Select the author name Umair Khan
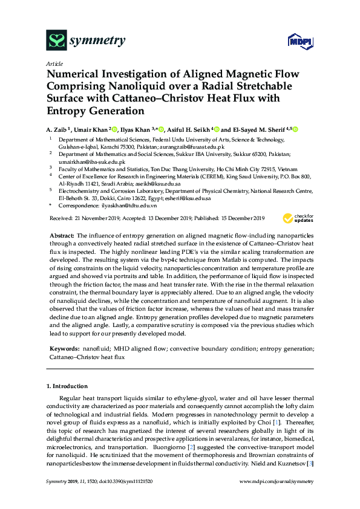(94, 129)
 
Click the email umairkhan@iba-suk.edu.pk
(91, 162)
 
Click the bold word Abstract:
(61, 234)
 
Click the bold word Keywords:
(64, 349)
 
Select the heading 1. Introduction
(67, 386)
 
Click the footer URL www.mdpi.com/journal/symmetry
(277, 481)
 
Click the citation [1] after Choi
(292, 415)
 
